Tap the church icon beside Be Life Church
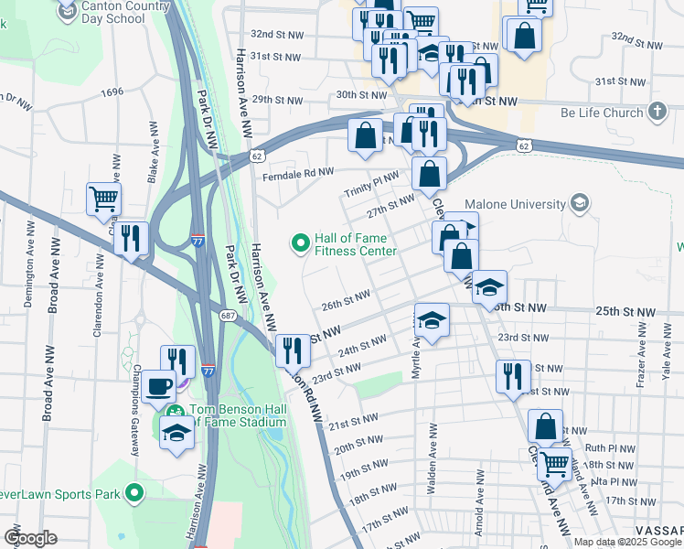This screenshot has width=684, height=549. (656, 113)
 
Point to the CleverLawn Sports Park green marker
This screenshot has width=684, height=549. (135, 494)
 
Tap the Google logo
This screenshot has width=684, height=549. (30, 538)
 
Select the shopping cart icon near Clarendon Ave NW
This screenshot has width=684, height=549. (103, 198)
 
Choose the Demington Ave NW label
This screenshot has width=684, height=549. (28, 274)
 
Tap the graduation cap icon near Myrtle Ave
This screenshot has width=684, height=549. (432, 319)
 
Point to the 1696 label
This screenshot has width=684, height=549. (112, 92)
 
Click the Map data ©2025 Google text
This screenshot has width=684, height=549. (626, 542)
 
